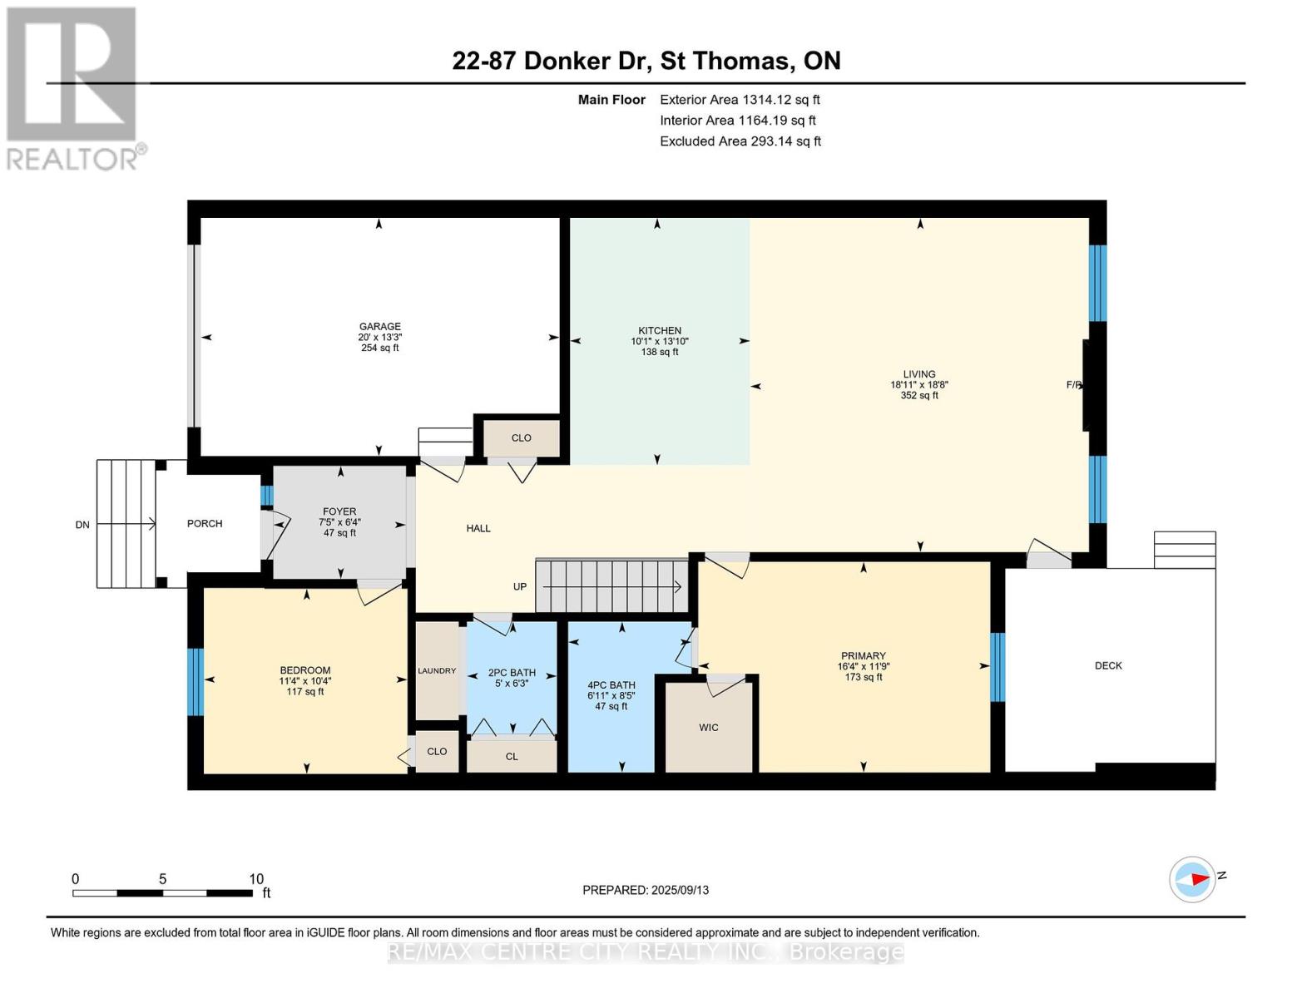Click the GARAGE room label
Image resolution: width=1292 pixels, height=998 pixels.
(x=380, y=326)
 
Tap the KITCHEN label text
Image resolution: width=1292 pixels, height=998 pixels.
(x=660, y=330)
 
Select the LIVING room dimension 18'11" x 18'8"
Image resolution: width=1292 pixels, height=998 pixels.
(x=918, y=384)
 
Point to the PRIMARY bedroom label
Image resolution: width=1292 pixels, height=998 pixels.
(x=864, y=655)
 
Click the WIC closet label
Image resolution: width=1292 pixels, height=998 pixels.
(x=709, y=728)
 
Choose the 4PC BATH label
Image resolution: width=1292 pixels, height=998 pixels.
(x=611, y=684)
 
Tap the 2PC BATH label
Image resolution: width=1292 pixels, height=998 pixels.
(x=512, y=672)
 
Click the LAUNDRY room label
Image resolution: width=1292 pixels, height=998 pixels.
(x=437, y=670)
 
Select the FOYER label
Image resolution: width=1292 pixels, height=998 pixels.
(x=339, y=511)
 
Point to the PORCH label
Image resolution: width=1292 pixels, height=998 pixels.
(x=205, y=524)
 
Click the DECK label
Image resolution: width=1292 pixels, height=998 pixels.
(x=1108, y=665)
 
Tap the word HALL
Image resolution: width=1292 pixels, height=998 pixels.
(x=478, y=528)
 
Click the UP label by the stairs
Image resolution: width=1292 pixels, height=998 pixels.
(x=520, y=586)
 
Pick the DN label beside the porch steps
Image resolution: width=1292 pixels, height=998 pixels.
(x=82, y=524)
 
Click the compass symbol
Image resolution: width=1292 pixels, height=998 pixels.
(x=1192, y=879)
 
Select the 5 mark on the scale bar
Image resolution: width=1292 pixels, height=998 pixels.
(x=162, y=878)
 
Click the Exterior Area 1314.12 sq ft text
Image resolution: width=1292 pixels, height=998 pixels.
(x=740, y=100)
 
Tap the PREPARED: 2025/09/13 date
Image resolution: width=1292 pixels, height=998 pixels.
(x=646, y=890)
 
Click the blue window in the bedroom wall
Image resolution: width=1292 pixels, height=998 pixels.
(x=196, y=682)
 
